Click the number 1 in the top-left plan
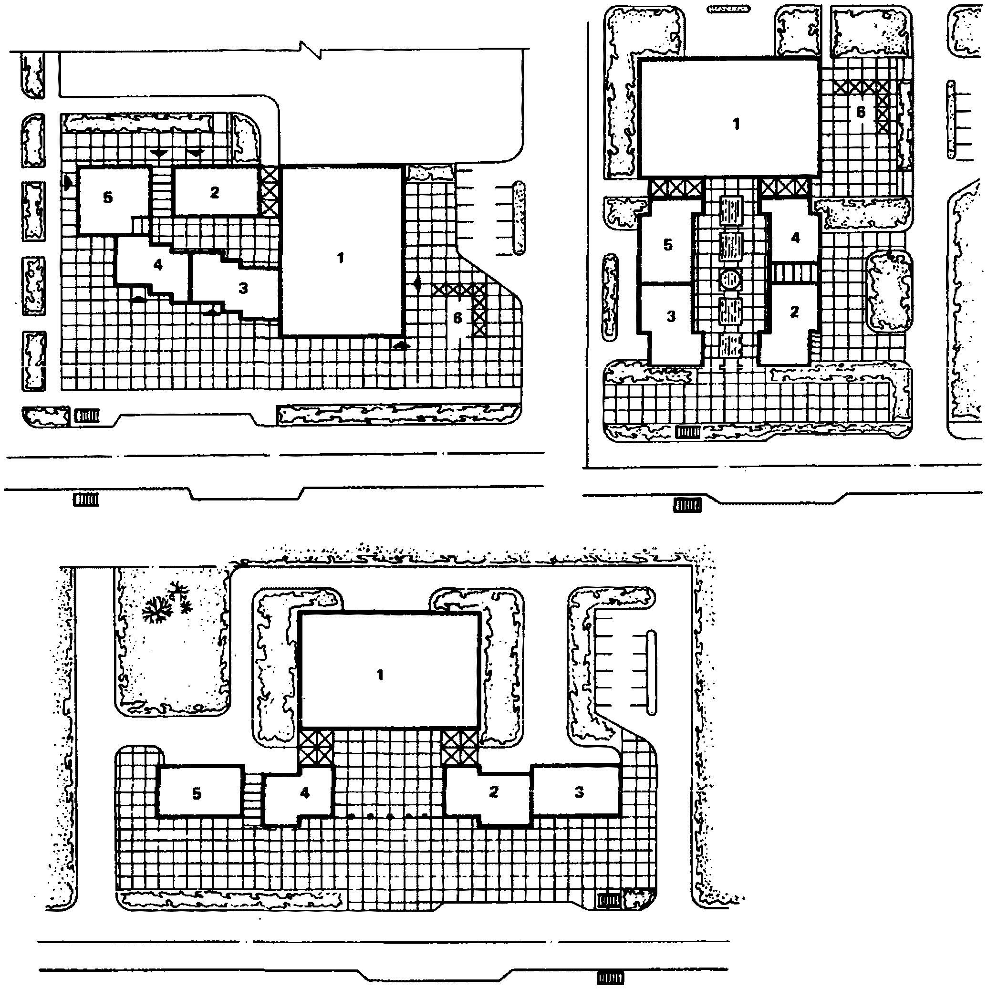341,258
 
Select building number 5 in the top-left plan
108,198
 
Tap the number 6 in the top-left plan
457,318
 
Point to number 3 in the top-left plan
243,288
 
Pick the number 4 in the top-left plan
158,265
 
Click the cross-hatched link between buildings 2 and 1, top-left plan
269,190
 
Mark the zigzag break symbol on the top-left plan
310,50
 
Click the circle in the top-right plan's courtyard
730,280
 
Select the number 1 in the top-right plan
736,124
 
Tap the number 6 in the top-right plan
861,112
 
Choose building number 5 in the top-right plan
668,245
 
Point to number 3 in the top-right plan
671,316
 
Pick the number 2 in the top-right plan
795,312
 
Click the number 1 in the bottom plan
380,675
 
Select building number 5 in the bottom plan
197,793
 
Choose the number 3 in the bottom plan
579,792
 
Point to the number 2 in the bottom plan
493,792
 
